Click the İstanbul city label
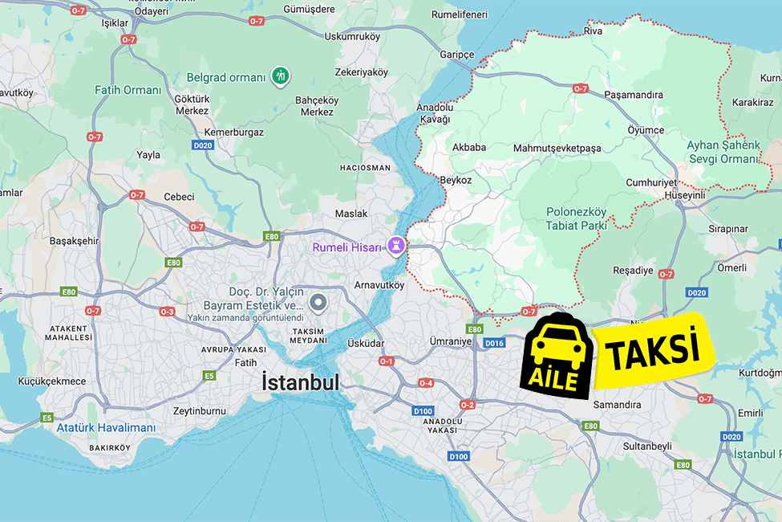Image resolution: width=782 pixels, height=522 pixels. click(x=301, y=383)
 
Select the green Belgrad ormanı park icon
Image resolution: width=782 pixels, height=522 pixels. click(x=281, y=76)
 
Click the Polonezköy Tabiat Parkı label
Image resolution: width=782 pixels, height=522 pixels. click(x=576, y=218)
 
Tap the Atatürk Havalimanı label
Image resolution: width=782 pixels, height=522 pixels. click(x=106, y=427)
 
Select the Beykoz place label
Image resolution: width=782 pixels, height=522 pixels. click(x=456, y=180)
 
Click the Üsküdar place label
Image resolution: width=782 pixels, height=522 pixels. click(x=366, y=343)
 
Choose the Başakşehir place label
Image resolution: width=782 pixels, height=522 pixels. click(x=74, y=240)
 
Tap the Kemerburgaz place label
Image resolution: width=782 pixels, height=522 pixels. click(x=234, y=132)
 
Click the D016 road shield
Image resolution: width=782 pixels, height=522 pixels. click(x=494, y=343)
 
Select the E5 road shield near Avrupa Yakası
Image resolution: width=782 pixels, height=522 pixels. click(x=209, y=375)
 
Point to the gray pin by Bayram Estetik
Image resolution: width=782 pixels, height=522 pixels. click(x=318, y=303)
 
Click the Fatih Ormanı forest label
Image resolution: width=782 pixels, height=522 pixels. click(x=128, y=90)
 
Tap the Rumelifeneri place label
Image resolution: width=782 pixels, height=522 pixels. click(x=460, y=14)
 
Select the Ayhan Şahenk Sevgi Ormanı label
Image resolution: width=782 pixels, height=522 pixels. click(x=722, y=152)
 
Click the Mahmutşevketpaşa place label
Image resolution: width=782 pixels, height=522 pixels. click(x=557, y=148)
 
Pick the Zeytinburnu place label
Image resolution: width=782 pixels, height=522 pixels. click(x=201, y=410)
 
